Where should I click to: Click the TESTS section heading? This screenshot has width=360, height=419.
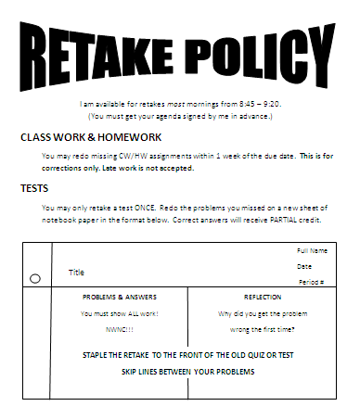click(x=35, y=188)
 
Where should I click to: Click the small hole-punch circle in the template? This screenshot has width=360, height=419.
click(x=34, y=278)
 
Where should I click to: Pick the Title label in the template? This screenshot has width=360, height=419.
click(x=76, y=273)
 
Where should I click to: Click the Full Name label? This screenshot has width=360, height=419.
click(x=313, y=251)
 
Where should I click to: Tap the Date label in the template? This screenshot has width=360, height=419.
click(x=304, y=266)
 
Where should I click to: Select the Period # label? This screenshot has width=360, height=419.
click(x=311, y=281)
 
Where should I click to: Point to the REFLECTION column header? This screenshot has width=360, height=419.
click(x=262, y=298)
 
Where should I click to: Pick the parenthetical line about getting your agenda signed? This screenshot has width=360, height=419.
click(x=180, y=117)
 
